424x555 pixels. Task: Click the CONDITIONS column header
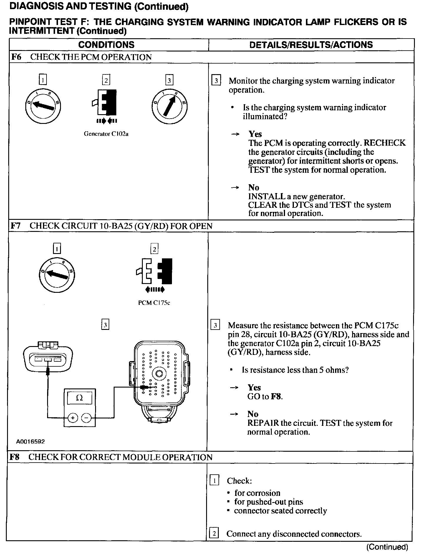coord(106,45)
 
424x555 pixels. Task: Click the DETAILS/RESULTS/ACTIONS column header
coord(311,45)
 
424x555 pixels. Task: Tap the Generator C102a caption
coord(106,134)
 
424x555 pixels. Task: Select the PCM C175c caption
coord(154,303)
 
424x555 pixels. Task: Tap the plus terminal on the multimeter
coord(72,418)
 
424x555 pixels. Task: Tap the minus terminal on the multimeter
coord(87,418)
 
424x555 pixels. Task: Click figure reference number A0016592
coord(31,441)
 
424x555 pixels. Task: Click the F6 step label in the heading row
coord(16,57)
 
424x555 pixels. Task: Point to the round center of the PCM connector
coord(159,374)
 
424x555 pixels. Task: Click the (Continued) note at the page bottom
coord(387,547)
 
